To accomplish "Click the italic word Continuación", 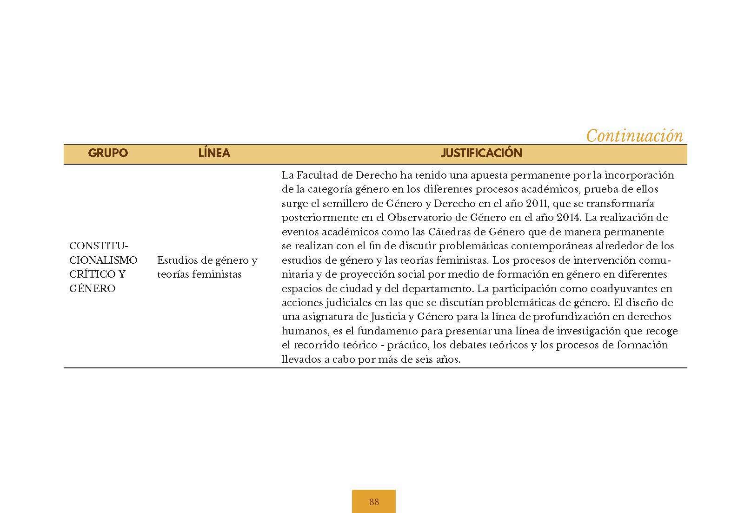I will click(634, 136).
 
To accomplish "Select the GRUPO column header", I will click(108, 153).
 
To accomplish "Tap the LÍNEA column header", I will click(214, 153).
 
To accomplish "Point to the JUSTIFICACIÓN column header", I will click(481, 153).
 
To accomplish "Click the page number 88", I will click(374, 501).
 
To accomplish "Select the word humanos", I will click(302, 331).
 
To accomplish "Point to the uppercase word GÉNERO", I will click(92, 288).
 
